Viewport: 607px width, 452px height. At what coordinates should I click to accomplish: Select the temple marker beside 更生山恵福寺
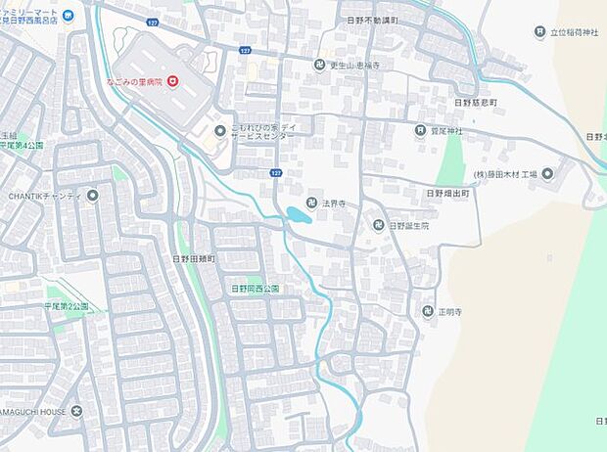(x=319, y=65)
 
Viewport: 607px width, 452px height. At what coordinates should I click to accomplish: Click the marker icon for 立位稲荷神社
(x=539, y=32)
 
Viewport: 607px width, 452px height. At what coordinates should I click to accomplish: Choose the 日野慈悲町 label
(x=477, y=101)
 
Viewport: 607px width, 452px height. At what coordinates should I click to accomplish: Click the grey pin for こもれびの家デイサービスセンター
(x=220, y=131)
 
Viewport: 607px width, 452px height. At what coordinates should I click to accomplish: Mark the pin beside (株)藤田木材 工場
(x=546, y=174)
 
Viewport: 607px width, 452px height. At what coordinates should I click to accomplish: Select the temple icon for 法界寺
(x=311, y=203)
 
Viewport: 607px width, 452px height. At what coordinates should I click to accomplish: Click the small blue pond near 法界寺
(x=299, y=215)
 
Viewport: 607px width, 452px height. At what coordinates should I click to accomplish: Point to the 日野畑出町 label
(x=447, y=195)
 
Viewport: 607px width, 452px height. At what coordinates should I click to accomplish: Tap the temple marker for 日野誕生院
(x=378, y=226)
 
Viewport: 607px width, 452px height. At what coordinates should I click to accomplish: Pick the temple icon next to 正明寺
(x=427, y=312)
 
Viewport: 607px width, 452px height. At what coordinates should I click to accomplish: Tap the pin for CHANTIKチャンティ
(x=93, y=196)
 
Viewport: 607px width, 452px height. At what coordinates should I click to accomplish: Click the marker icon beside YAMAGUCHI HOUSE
(x=77, y=412)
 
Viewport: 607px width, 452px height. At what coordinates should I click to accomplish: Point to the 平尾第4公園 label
(x=22, y=145)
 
